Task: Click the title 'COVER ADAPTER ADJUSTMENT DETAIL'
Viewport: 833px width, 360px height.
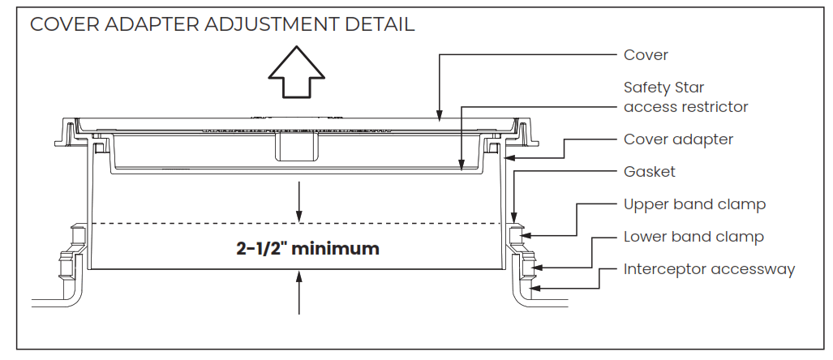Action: (x=222, y=24)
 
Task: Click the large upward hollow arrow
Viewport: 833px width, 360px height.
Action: (x=296, y=73)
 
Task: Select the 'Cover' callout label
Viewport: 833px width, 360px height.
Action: (x=646, y=55)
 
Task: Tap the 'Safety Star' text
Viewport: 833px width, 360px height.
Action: (x=663, y=87)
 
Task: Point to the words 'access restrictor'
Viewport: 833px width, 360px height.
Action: (x=685, y=106)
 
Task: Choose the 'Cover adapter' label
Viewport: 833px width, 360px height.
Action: (x=678, y=139)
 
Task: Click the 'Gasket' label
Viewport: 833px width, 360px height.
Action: (x=649, y=172)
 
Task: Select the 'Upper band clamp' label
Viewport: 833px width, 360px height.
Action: (x=694, y=204)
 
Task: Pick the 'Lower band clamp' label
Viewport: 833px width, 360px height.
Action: (x=693, y=237)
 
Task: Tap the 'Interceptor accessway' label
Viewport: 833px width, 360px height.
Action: (x=709, y=269)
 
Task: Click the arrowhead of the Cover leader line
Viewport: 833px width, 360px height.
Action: (x=439, y=116)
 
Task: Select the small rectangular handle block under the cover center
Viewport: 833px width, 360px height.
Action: (x=296, y=147)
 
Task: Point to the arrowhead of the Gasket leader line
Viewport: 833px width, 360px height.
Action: (x=514, y=216)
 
